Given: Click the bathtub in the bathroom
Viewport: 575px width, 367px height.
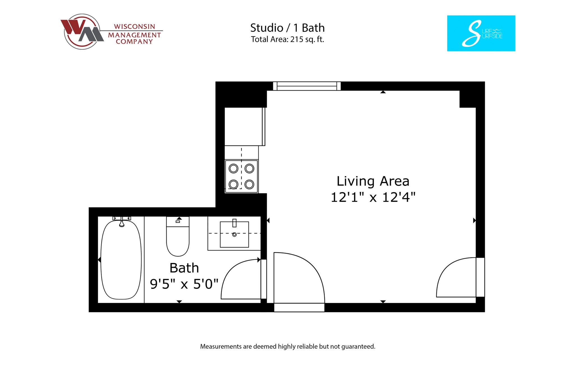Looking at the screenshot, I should point(121,260).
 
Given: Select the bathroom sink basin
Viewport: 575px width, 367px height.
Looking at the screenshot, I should point(234,235).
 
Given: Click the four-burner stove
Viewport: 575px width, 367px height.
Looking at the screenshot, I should point(241,176).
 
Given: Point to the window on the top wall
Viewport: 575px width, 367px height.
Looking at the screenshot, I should point(307,86).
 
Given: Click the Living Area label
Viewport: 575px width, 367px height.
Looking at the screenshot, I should point(373,181).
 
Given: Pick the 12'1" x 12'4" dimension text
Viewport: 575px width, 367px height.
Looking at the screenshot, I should point(373,197).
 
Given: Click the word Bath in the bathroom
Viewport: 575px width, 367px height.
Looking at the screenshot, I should point(184,268).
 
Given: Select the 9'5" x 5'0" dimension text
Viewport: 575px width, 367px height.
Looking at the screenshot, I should point(184,284).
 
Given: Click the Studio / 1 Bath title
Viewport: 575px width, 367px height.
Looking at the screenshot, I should point(287,28).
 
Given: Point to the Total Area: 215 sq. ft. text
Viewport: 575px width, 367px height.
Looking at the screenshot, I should point(287,39).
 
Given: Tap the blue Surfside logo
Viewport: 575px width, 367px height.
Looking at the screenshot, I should point(481,33).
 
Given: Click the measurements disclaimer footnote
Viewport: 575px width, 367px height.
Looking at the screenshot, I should point(287,346).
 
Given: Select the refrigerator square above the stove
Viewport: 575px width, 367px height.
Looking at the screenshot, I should point(244,126).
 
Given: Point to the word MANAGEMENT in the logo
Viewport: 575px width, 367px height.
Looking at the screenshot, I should point(134,35).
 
